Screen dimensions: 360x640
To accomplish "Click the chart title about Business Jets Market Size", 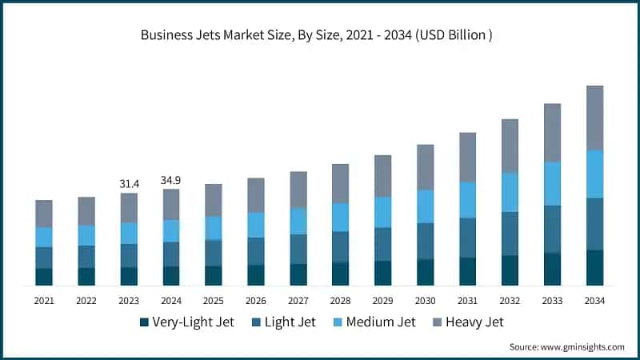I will click(320, 35).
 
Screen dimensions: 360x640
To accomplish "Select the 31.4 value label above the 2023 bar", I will click(129, 184).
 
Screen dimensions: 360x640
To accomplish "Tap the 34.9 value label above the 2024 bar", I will click(171, 180).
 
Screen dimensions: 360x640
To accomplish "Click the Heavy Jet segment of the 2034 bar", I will click(594, 118).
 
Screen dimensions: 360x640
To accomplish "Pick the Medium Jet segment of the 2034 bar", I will click(594, 174).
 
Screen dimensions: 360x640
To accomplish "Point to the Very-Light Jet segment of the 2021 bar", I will click(44, 277).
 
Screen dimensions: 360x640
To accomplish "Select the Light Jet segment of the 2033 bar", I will click(552, 230).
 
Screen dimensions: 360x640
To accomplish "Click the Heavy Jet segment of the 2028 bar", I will click(340, 183).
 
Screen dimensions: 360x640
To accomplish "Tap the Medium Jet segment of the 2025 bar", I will click(213, 228).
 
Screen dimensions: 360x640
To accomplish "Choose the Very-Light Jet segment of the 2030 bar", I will click(425, 272).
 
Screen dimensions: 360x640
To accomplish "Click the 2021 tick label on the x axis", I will click(44, 301).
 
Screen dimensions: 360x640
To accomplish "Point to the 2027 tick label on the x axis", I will click(298, 301).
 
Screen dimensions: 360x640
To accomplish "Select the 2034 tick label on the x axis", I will click(594, 301).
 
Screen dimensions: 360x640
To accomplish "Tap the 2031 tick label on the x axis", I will click(467, 301).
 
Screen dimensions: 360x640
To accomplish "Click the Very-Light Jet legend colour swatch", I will click(144, 322).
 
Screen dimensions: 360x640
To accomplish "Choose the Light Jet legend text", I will click(290, 322).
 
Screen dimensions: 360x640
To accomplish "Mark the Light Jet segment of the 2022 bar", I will click(86, 257).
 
